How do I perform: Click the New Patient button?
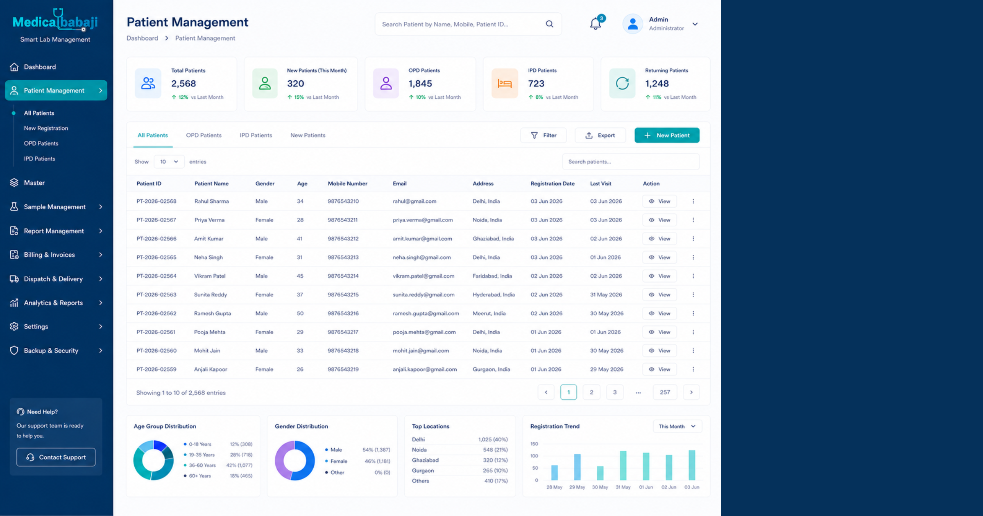tap(667, 135)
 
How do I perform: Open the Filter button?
tap(544, 135)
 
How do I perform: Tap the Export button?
tap(600, 135)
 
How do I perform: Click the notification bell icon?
tap(596, 24)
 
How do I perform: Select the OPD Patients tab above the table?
tap(204, 135)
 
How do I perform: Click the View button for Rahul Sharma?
tap(659, 201)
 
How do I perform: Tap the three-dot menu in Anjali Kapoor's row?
tap(693, 369)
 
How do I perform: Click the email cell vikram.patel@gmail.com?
tap(424, 276)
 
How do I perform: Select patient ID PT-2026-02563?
tap(156, 294)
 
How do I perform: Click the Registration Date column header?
tap(553, 183)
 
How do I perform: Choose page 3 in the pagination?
tap(614, 392)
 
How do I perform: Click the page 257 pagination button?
tap(665, 392)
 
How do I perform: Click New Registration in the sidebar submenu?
tap(46, 128)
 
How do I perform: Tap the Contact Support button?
tap(56, 457)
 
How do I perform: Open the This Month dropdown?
tap(677, 426)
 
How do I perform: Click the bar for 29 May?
tap(577, 467)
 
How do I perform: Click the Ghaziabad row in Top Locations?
tap(460, 460)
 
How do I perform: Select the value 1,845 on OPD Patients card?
tap(420, 84)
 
